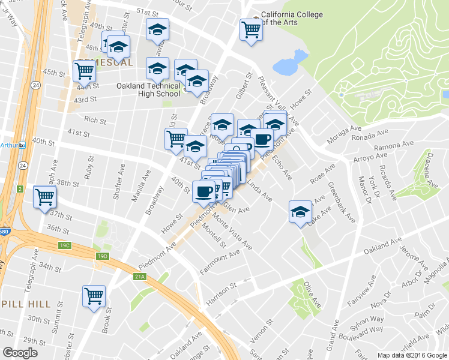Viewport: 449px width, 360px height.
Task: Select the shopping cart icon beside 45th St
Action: pos(85,71)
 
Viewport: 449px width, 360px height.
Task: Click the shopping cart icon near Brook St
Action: pos(94,296)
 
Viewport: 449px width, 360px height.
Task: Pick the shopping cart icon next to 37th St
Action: pos(46,196)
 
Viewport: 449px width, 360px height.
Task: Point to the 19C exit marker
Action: pos(65,245)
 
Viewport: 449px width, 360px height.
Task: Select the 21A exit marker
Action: pos(140,276)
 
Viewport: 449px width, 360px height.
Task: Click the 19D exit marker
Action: pos(103,256)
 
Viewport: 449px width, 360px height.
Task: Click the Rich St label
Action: pos(95,120)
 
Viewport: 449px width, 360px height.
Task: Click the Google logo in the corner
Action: pos(20,353)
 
